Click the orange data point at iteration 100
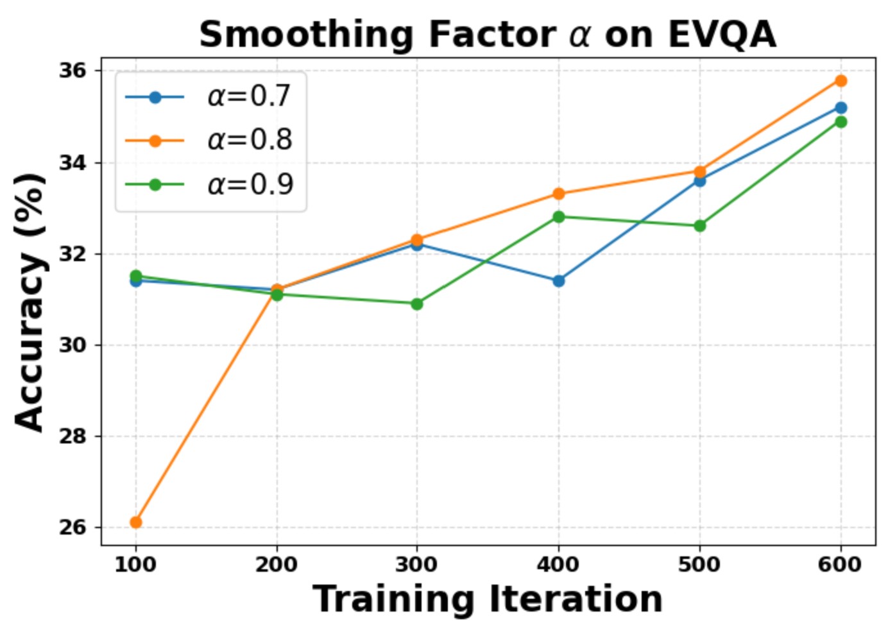(135, 522)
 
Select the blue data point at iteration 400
(558, 280)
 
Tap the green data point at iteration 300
(417, 304)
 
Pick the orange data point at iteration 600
(841, 80)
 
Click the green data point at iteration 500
(699, 226)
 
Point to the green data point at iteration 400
(558, 217)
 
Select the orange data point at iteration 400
(558, 194)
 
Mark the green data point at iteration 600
(841, 122)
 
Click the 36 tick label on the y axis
(73, 71)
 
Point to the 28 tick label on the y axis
(73, 436)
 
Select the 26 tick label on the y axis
(73, 527)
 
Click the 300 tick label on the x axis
(417, 565)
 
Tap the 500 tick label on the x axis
(699, 565)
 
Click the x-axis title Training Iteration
(488, 599)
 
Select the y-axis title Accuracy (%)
(30, 302)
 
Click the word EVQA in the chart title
(722, 35)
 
